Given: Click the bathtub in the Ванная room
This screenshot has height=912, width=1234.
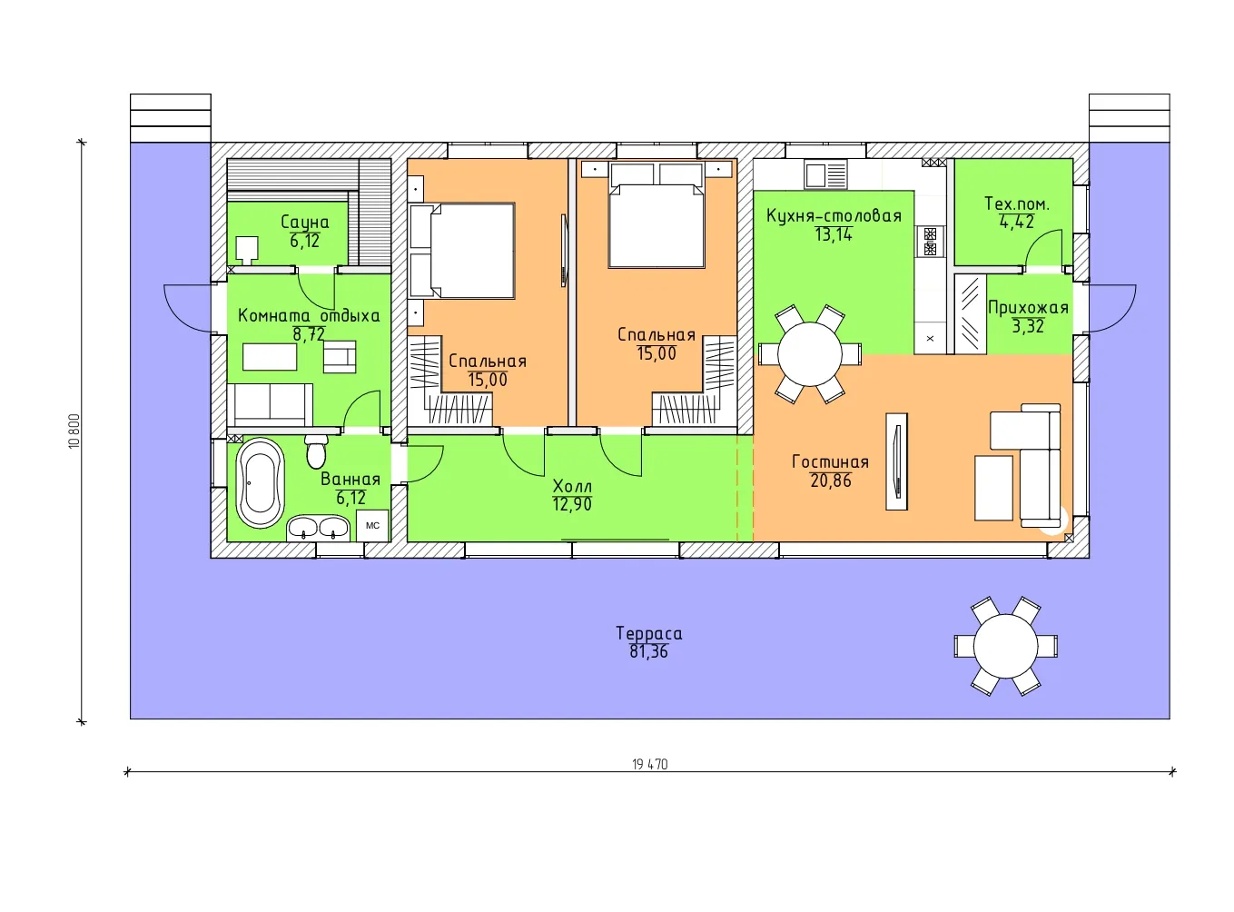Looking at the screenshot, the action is coord(260,482).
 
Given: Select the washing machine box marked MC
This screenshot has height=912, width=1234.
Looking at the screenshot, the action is coord(372,525).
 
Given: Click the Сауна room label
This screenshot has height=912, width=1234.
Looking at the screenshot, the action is coord(305,223).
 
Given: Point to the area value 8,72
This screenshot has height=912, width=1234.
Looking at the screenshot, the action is coord(309,334).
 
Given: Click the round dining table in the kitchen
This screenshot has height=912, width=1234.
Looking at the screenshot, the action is coord(809,353).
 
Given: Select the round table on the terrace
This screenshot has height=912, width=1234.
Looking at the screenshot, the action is coord(1005,646).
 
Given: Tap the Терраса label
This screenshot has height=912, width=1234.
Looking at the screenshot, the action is coord(648,634).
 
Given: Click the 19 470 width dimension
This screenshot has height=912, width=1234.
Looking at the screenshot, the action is coord(650,765).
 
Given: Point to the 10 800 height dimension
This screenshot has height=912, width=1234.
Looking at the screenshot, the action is coord(74,431).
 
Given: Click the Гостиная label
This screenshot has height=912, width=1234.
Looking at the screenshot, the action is coord(830,461).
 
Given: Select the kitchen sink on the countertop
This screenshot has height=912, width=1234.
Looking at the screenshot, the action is coord(825,175).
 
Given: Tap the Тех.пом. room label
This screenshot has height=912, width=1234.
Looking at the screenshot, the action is coord(1016,203).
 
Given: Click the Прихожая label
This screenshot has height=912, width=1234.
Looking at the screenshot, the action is coord(1028,308).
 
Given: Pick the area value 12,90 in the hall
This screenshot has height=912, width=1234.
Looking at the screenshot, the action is coord(572,504).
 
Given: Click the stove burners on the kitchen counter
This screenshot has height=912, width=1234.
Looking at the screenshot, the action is coord(930,241).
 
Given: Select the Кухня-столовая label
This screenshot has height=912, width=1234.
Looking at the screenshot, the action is coord(834,216).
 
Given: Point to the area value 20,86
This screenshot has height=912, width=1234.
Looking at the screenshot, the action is coord(831,480).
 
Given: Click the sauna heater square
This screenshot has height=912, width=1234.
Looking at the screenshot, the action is coord(246,249).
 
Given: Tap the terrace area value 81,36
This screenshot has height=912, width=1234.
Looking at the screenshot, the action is coord(648,651).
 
